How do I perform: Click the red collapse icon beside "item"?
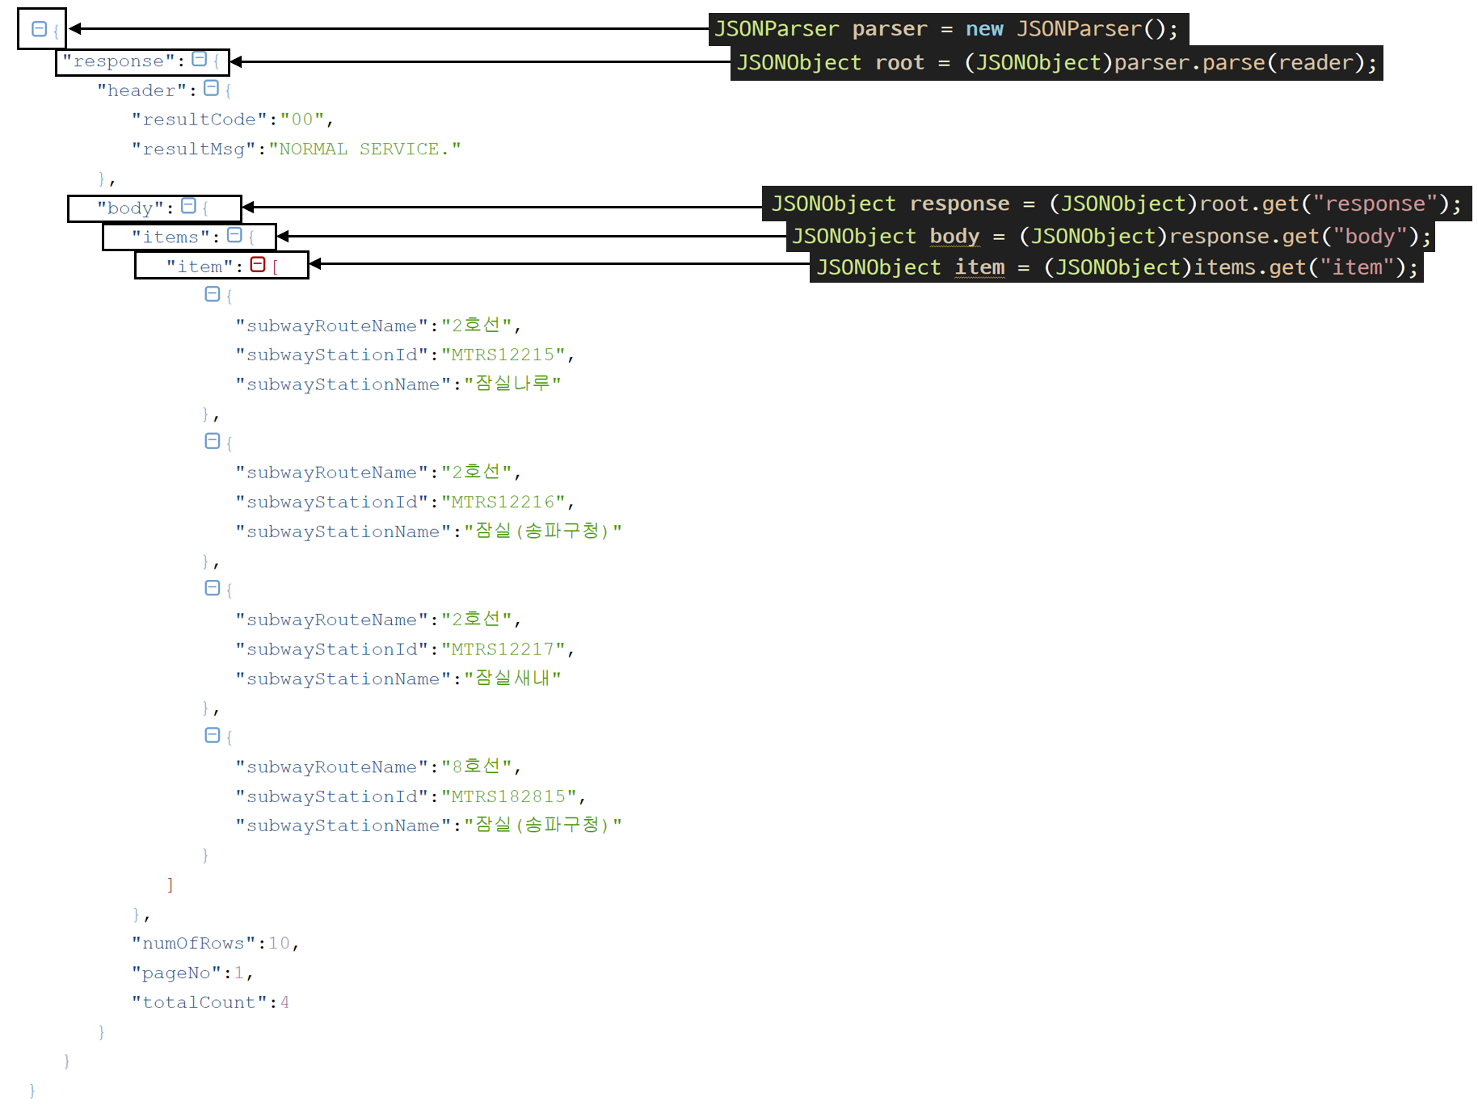(x=258, y=265)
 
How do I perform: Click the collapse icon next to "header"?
(x=212, y=88)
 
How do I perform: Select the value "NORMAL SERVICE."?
(x=365, y=149)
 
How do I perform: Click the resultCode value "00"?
(x=301, y=120)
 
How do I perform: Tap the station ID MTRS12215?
(x=503, y=355)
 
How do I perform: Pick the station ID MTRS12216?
(x=503, y=502)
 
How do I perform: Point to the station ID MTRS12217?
(x=503, y=649)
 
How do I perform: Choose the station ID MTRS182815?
(x=508, y=796)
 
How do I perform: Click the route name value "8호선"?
(x=476, y=767)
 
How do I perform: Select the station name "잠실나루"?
(x=512, y=384)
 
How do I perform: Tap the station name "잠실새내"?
(x=512, y=678)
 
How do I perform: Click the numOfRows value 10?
(x=279, y=943)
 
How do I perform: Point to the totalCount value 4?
(x=284, y=1002)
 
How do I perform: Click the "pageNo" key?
(x=176, y=973)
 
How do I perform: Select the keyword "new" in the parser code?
(x=984, y=29)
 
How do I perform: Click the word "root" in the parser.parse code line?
(x=899, y=63)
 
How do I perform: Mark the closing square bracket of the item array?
(x=170, y=884)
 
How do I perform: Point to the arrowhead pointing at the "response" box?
(x=236, y=61)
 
